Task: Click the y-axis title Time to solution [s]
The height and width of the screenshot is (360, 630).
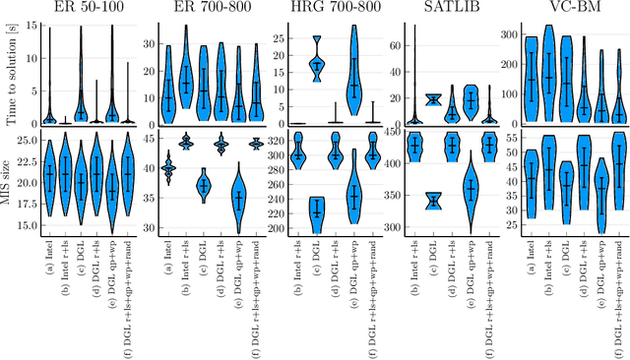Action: click(x=9, y=73)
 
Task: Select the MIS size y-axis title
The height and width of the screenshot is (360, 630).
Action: click(x=9, y=183)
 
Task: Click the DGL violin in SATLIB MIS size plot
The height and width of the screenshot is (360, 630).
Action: click(x=432, y=202)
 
